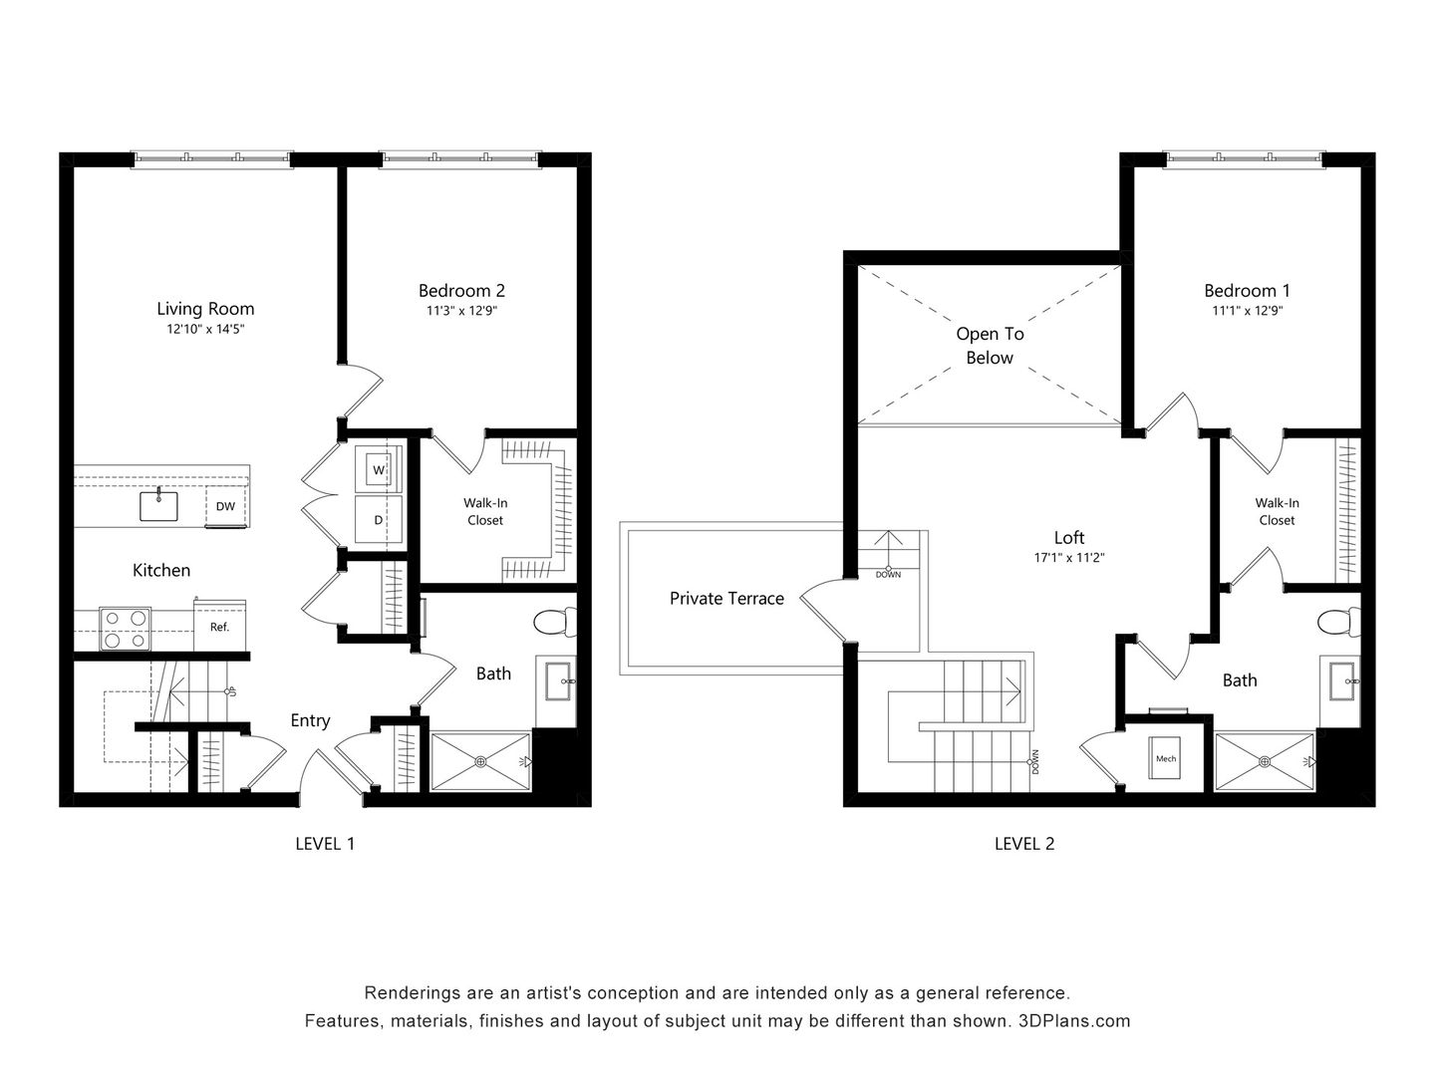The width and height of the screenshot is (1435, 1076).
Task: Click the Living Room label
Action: tap(205, 309)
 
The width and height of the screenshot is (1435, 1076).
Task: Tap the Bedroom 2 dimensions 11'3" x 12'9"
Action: tap(461, 311)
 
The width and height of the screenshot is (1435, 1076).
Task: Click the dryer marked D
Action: tap(379, 519)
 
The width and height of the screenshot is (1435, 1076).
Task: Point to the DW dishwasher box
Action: tap(226, 506)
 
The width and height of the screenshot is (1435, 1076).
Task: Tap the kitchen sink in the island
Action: tap(157, 505)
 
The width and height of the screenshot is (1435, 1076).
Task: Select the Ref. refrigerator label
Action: tap(219, 627)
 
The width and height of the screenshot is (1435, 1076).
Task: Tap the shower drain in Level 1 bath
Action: tap(481, 761)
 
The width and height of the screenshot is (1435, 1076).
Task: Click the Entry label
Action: tap(310, 720)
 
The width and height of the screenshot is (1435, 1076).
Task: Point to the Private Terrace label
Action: tap(726, 598)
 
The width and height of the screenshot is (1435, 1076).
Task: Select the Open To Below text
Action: tap(990, 346)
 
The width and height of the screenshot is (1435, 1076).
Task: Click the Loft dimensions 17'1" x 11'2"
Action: tap(1068, 558)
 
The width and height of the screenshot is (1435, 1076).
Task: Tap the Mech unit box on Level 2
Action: tap(1166, 759)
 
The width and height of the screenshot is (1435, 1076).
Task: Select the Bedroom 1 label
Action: tap(1247, 291)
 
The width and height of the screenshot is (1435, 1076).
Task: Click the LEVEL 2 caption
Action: tap(1023, 844)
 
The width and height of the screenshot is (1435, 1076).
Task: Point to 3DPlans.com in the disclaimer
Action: tap(1074, 1020)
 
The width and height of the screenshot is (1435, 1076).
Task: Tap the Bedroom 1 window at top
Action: tap(1245, 157)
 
